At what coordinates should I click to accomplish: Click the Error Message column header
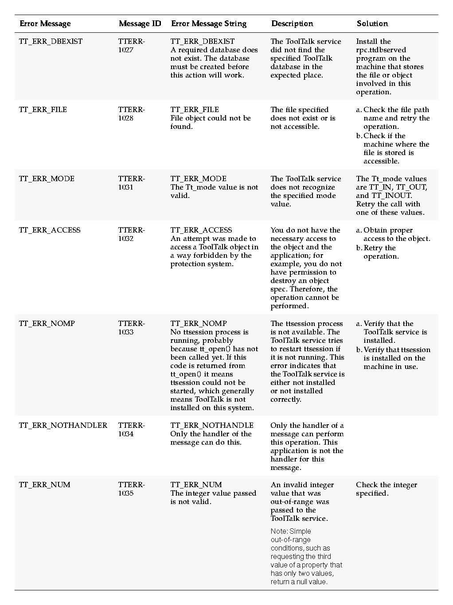(45, 24)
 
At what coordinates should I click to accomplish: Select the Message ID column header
(140, 24)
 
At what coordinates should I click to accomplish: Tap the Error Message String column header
(208, 24)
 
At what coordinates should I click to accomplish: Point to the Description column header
(292, 24)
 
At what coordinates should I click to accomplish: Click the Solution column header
(372, 24)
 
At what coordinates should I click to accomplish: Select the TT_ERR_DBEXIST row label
(51, 42)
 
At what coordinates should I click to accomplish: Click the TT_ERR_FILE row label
(43, 110)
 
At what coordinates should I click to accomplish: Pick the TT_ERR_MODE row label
(47, 179)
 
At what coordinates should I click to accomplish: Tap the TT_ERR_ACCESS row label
(50, 230)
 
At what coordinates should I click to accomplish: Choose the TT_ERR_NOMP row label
(47, 324)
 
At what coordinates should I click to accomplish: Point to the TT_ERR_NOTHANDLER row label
(63, 426)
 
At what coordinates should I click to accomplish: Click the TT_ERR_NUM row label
(44, 485)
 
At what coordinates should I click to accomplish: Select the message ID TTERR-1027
(131, 46)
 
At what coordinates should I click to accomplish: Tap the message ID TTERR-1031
(131, 183)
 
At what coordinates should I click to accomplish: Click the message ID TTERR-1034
(131, 430)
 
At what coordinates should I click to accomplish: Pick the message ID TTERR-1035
(131, 489)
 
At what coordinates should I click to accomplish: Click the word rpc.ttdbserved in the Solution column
(381, 50)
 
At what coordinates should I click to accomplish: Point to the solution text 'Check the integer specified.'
(386, 489)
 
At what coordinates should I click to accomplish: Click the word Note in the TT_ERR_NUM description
(278, 531)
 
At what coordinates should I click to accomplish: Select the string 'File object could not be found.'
(210, 123)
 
